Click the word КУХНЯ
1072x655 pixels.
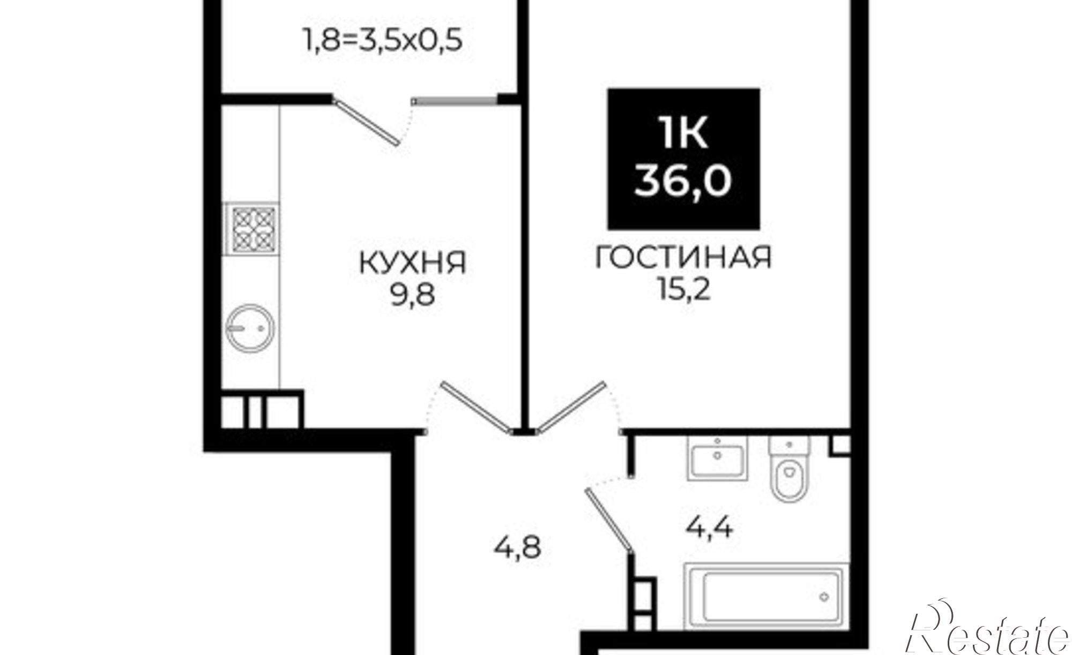pos(412,263)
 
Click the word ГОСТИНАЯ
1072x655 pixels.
pos(683,258)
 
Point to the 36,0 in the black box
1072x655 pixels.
pos(683,180)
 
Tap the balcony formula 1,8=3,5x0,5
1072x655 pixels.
pos(382,40)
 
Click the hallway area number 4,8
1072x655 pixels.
pos(518,548)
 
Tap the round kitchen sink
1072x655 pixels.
pos(250,327)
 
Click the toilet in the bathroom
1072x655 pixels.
pos(789,469)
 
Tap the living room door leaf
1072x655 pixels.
pos(571,406)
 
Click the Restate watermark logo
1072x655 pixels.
pos(989,635)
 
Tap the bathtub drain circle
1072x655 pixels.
pos(824,596)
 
